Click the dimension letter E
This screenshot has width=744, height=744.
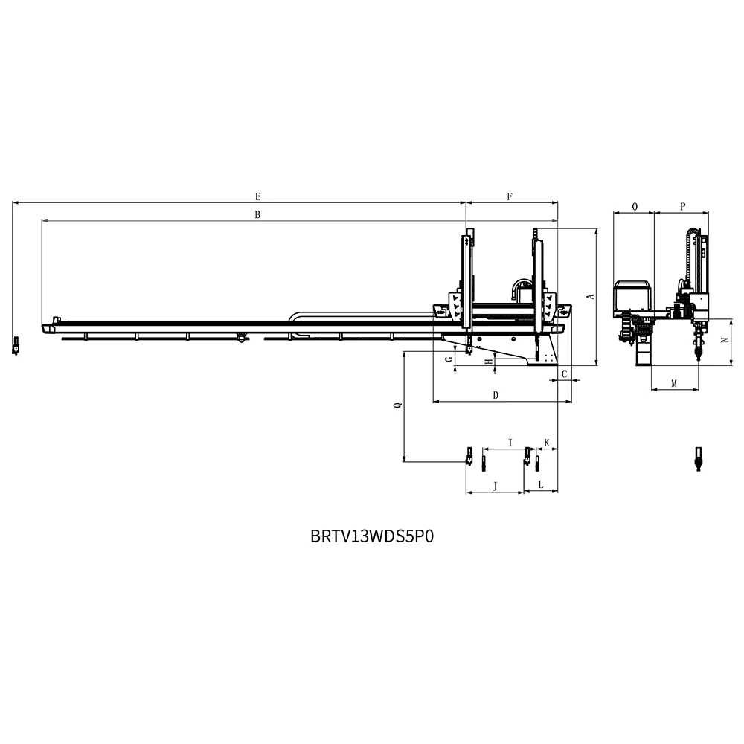coord(257,196)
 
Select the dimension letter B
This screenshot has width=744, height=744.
coord(257,215)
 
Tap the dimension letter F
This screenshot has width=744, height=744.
coord(510,196)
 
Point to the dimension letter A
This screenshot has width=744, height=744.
coord(591,296)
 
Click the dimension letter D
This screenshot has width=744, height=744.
coord(496,395)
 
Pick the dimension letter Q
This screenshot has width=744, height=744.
coord(397,406)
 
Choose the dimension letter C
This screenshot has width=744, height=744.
coord(565,373)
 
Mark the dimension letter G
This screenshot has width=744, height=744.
coord(448,359)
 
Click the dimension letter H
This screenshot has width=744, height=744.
coord(488,362)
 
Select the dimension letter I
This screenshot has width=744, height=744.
coord(510,443)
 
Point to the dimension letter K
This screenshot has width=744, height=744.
coord(547,443)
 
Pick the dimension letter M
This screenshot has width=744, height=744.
coord(674,384)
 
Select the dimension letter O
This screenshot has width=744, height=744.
coord(634,205)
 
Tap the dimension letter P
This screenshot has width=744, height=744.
coord(682,205)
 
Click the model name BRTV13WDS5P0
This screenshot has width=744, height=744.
coord(371,536)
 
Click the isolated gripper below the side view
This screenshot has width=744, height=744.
coord(698,458)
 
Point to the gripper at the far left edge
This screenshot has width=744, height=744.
coord(15,346)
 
